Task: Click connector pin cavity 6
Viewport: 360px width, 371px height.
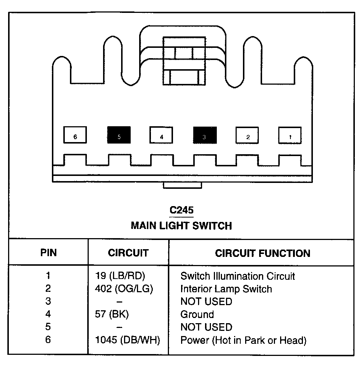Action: click(x=75, y=135)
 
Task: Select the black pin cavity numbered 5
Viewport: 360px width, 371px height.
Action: click(x=119, y=135)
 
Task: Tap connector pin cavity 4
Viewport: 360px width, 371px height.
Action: click(x=161, y=135)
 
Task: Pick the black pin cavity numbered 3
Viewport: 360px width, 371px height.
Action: click(x=205, y=135)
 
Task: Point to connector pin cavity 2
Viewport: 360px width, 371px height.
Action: click(x=247, y=135)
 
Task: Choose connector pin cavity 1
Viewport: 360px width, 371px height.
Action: click(x=290, y=135)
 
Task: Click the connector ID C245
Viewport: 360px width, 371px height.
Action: click(x=181, y=210)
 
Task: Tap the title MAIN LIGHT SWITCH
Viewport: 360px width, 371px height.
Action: click(x=181, y=225)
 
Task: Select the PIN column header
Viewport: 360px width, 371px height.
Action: click(x=48, y=253)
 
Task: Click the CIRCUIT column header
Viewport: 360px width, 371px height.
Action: click(x=128, y=253)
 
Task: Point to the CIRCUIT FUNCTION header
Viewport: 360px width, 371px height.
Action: click(x=262, y=253)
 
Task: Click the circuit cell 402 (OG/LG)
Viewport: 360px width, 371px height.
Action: click(x=124, y=289)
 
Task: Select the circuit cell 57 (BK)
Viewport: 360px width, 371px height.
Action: click(x=112, y=314)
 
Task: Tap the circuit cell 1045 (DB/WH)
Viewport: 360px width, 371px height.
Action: click(x=127, y=340)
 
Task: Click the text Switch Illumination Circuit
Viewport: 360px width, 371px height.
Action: click(x=237, y=276)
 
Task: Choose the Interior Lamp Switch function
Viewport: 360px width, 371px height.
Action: click(x=226, y=289)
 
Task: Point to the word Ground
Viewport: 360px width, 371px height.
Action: click(x=197, y=314)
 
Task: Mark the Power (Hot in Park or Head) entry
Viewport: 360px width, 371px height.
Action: click(x=243, y=340)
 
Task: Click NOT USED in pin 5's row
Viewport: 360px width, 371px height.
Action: click(x=206, y=327)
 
